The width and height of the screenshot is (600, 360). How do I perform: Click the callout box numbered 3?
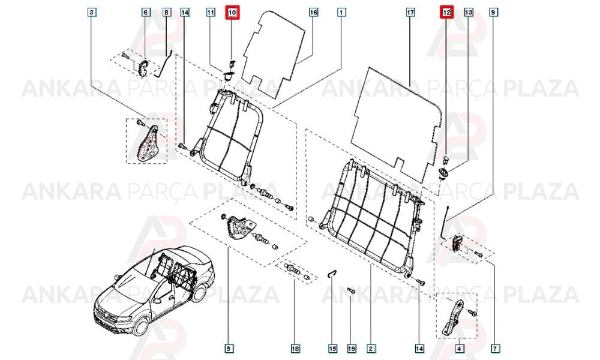point(91,13)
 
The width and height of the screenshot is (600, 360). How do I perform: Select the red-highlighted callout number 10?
point(232,13)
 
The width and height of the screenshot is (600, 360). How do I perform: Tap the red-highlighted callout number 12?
point(446,13)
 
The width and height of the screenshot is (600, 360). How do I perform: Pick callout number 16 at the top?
point(313,13)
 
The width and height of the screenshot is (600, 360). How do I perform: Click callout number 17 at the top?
point(410,13)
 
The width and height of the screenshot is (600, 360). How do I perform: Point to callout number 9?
point(493,13)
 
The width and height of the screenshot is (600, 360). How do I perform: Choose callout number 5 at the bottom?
point(229,349)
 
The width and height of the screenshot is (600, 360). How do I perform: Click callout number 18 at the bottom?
point(295,349)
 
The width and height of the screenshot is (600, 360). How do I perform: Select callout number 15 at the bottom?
point(332,349)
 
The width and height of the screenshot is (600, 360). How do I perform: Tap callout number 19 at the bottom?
point(351,349)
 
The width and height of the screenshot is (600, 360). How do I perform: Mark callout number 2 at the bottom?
point(370,349)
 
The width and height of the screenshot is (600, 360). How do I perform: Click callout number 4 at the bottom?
point(459,349)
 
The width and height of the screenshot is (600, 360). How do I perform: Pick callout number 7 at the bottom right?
point(495,349)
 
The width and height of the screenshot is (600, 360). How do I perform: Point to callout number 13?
point(469,13)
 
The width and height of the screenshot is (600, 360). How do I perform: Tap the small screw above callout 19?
point(351,291)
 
